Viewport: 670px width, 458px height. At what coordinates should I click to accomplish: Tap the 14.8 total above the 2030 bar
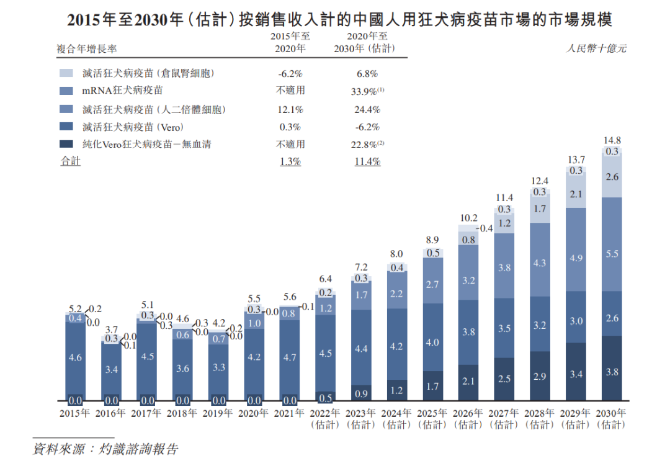[612, 140]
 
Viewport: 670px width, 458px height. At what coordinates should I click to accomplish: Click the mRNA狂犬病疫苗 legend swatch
[66, 91]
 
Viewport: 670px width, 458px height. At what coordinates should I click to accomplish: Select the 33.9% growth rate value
[365, 91]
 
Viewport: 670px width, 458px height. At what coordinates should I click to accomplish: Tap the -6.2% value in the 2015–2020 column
[290, 73]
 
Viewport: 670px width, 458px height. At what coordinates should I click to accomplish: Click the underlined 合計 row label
[70, 162]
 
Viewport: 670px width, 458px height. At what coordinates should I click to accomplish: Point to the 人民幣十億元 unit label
[596, 48]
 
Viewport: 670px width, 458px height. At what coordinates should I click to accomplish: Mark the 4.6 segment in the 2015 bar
[75, 357]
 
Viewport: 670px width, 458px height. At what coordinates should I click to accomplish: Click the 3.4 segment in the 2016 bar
[112, 370]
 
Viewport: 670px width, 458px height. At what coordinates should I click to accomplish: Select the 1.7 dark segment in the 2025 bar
[432, 386]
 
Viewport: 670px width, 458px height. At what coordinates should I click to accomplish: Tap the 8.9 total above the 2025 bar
[432, 240]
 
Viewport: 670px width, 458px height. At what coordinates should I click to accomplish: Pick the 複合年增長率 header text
[87, 48]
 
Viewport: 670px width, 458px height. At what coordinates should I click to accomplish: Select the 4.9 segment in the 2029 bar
[576, 258]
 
